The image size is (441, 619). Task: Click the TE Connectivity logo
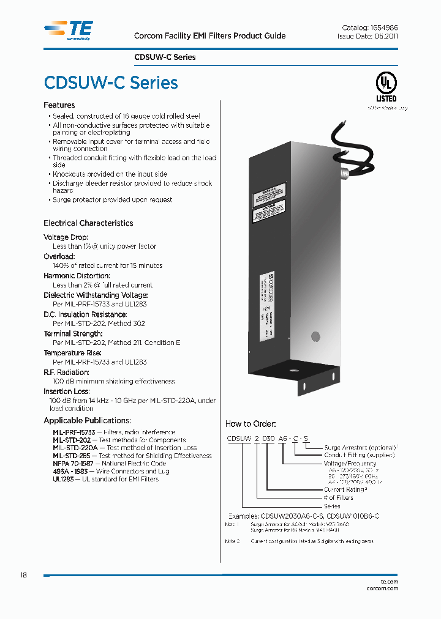pos(69,29)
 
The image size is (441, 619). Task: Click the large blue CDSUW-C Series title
pos(111,83)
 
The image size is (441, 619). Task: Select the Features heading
pos(59,105)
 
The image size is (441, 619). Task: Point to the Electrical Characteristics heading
pos(88,223)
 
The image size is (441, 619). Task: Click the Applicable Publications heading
pos(87,421)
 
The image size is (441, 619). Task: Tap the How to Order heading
pos(251,424)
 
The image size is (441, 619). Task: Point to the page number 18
pos(23,576)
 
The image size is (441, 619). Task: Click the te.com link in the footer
pos(389,582)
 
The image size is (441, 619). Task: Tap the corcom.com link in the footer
pos(383,589)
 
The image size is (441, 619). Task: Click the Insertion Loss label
pos(67,391)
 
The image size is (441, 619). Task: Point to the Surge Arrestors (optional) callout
pos(361,447)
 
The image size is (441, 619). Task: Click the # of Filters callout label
pos(339,498)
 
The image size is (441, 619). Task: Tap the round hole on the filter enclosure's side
pos(316,336)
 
